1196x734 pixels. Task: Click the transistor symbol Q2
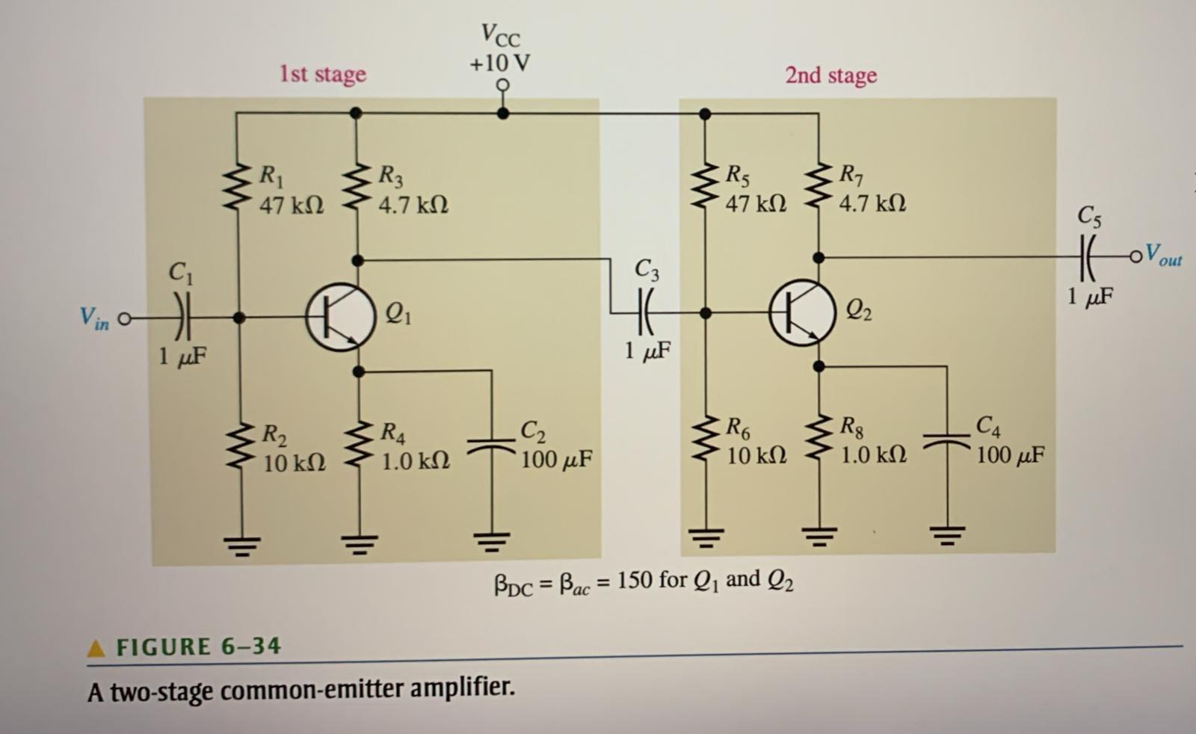coord(802,312)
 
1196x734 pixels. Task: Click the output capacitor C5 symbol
coord(1090,256)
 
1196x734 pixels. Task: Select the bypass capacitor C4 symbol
coord(947,441)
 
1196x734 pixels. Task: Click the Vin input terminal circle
coord(124,319)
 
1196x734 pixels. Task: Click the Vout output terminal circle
coord(1136,257)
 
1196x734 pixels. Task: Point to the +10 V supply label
coord(500,64)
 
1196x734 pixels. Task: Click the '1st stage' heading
coord(323,74)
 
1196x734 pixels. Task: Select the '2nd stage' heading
coord(830,75)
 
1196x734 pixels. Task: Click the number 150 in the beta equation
coord(635,580)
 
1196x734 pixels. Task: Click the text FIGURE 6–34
coord(198,647)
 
